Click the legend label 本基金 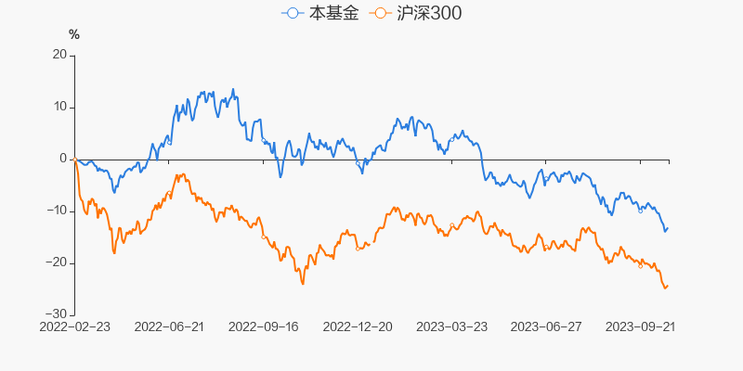[x=332, y=14]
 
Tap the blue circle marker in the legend [x=293, y=14]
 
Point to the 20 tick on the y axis [x=59, y=55]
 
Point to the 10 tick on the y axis [x=59, y=107]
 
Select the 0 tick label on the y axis [x=63, y=159]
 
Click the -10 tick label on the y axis [x=58, y=211]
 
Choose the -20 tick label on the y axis [x=58, y=262]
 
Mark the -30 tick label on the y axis [x=58, y=314]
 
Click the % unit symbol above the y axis [x=74, y=35]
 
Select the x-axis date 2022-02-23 [x=74, y=327]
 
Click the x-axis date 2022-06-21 [x=169, y=327]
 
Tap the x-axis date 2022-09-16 [x=263, y=327]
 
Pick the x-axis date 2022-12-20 [x=358, y=327]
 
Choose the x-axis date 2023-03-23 [x=451, y=327]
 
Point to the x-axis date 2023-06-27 [x=546, y=327]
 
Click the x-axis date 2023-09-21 [x=640, y=327]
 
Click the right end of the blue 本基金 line [x=668, y=227]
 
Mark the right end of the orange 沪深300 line [x=668, y=286]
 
